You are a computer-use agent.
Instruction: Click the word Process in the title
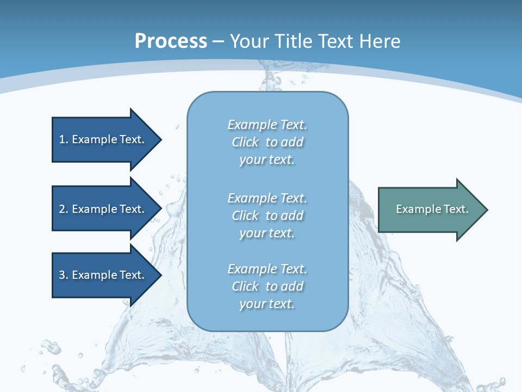tap(171, 41)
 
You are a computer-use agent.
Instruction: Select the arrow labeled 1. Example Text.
tap(101, 139)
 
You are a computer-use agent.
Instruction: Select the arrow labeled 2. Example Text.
tap(101, 209)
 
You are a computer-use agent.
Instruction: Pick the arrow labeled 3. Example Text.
tap(101, 275)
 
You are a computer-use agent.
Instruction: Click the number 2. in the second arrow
tap(63, 209)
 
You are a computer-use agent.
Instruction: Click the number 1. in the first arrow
tap(63, 139)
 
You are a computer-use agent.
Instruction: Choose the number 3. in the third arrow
tap(63, 275)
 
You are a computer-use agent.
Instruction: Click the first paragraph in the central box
tap(267, 142)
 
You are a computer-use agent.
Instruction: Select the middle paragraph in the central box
tap(267, 216)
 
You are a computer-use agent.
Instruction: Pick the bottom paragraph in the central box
tap(267, 286)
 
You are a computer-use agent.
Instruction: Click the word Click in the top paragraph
tap(245, 143)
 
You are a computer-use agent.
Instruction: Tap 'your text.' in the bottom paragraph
tap(267, 304)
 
